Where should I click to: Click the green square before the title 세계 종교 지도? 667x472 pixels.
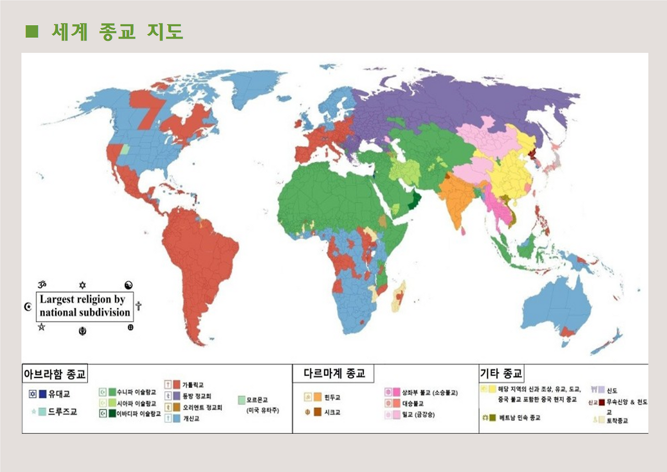point(32,32)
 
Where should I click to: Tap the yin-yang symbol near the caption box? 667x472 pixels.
point(129,285)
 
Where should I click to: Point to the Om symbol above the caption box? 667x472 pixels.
point(43,284)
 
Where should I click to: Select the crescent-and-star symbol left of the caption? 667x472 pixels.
point(28,306)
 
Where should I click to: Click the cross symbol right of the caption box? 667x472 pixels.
point(138,306)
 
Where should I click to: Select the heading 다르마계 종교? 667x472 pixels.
point(335,373)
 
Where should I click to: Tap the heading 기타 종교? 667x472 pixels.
point(501,373)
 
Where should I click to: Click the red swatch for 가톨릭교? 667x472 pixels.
point(177,385)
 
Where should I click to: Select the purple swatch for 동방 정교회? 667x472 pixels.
point(177,396)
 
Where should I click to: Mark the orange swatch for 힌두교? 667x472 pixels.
point(317,397)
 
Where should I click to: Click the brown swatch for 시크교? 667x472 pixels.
point(317,412)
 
